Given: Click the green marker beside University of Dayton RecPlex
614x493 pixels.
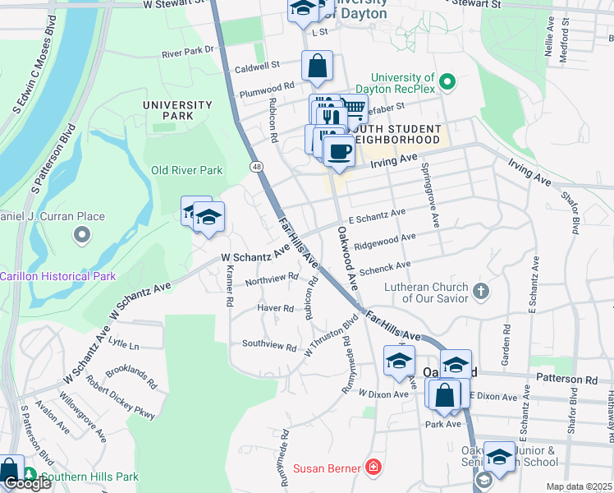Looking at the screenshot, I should point(447,82).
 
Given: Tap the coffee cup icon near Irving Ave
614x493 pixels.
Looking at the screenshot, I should point(338,151).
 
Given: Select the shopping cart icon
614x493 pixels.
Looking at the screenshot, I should point(353,108).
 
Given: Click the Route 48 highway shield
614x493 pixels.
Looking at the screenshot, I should point(257,167).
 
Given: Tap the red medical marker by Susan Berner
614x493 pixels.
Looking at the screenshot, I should point(374,468).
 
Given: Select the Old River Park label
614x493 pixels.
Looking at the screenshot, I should point(186,171).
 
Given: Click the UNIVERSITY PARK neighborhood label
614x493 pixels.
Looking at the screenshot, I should point(176,110).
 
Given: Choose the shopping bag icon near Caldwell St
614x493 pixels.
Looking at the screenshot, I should point(317,66).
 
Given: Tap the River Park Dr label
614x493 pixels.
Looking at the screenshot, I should point(187,51).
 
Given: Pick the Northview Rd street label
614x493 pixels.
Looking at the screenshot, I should point(271,279).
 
